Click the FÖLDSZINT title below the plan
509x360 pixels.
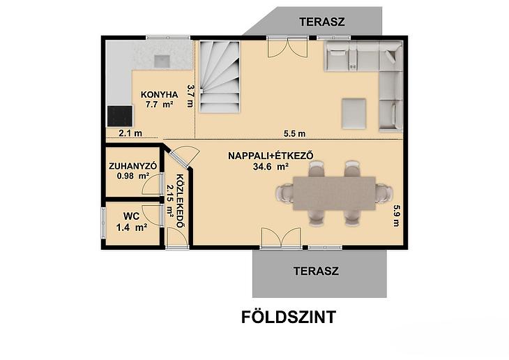tap(289, 317)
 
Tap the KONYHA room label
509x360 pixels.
tap(159, 95)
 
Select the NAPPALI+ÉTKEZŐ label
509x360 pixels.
tap(271, 156)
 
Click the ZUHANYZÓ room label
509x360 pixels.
tap(132, 166)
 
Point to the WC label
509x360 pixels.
tap(132, 216)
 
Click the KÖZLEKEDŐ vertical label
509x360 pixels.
tap(180, 201)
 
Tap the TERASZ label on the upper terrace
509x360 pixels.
tap(322, 22)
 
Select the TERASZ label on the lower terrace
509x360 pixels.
tap(316, 271)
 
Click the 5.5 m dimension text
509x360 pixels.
tap(294, 133)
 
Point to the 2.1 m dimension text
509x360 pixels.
tap(130, 133)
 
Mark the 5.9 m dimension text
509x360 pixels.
tap(396, 216)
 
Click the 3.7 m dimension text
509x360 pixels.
tap(190, 96)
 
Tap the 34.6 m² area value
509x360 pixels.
tap(271, 167)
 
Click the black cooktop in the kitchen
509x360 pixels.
tap(120, 116)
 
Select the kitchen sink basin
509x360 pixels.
tap(162, 61)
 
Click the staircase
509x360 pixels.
tap(220, 76)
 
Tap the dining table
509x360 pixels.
tap(335, 193)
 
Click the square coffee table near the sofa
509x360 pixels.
tap(354, 114)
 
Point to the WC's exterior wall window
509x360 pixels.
tap(103, 223)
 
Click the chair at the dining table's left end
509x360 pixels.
tap(285, 194)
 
